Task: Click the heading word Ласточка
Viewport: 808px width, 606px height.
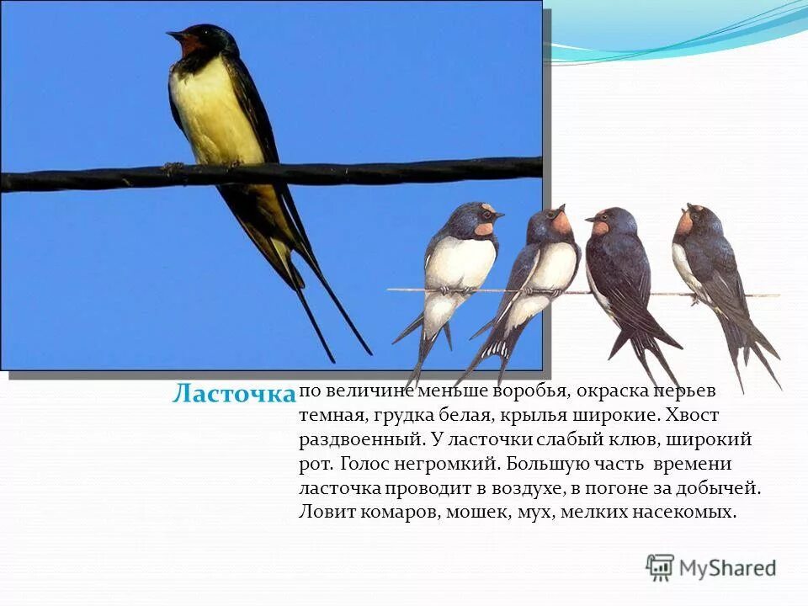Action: tap(233, 393)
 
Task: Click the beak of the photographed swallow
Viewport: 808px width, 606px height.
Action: tap(173, 35)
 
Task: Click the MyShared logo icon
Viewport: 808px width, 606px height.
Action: tap(660, 566)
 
